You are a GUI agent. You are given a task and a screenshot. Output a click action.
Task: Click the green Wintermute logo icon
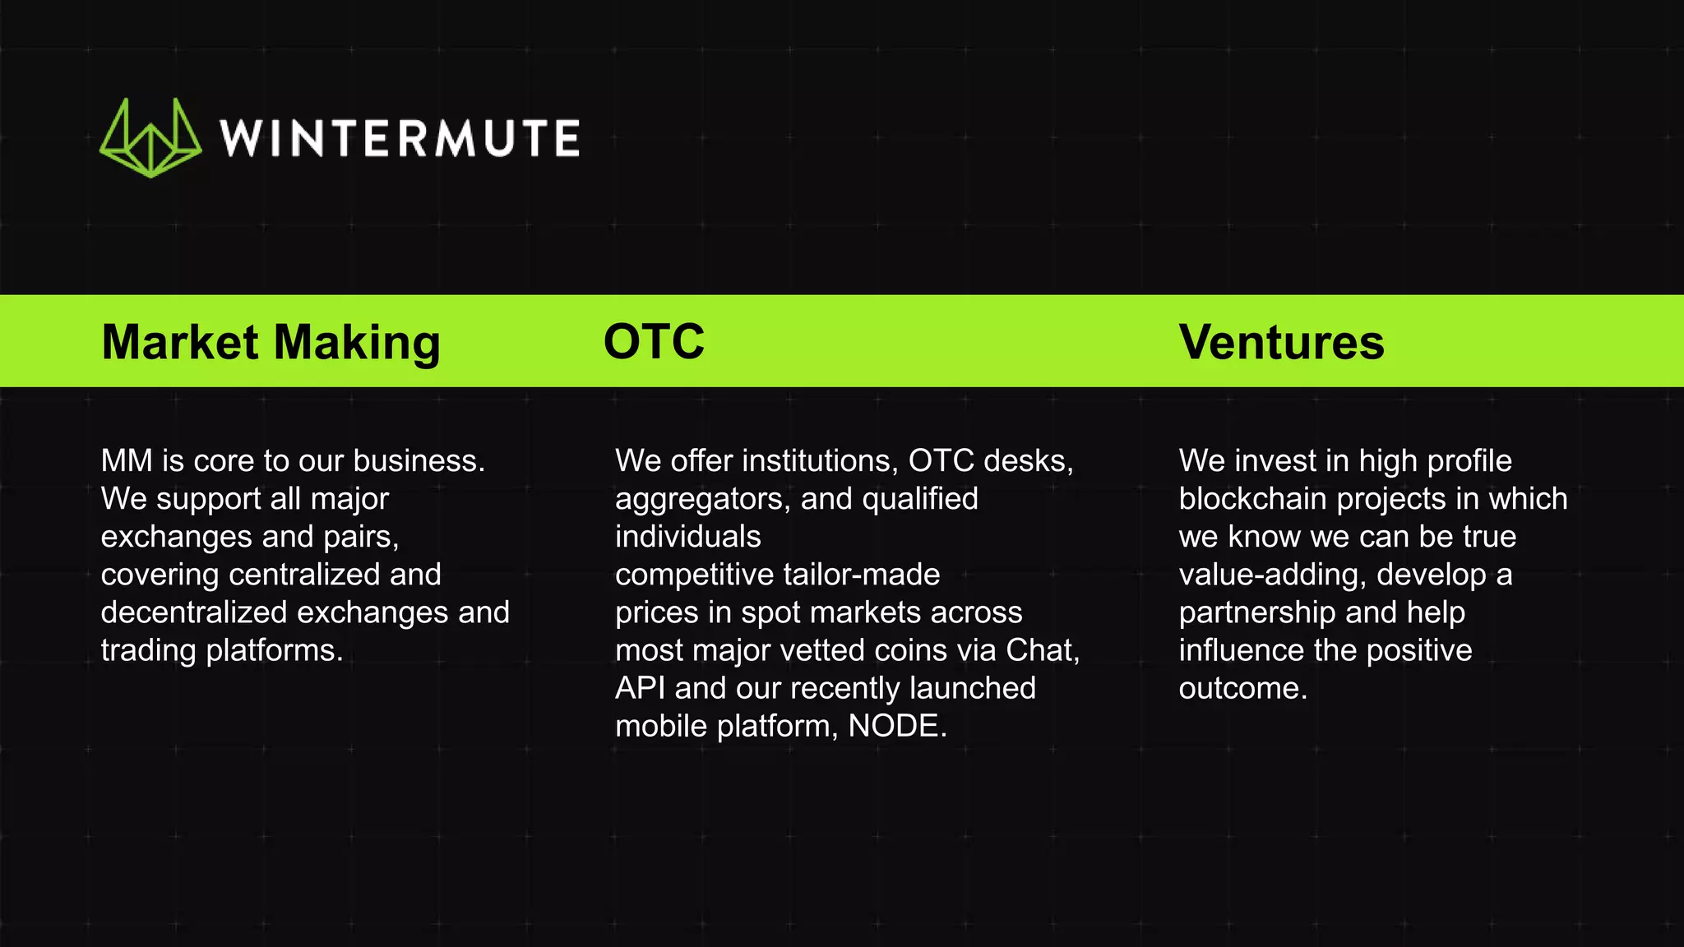point(150,138)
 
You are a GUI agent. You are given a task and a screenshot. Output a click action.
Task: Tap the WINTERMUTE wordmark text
point(400,138)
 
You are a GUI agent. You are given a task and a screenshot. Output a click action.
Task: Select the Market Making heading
point(271,342)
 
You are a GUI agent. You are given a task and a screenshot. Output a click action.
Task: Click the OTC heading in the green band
point(654,342)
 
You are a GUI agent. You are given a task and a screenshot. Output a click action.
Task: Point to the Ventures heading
point(1281,342)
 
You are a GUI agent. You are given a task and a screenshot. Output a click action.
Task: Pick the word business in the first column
point(419,461)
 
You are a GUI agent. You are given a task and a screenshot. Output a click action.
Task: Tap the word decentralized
point(194,612)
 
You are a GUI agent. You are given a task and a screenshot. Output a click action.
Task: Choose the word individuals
point(688,537)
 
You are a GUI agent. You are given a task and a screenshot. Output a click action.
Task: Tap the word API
point(640,688)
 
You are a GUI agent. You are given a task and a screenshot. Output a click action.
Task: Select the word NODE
point(894,726)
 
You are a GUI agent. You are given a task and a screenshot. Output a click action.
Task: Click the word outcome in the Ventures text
point(1241,688)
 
